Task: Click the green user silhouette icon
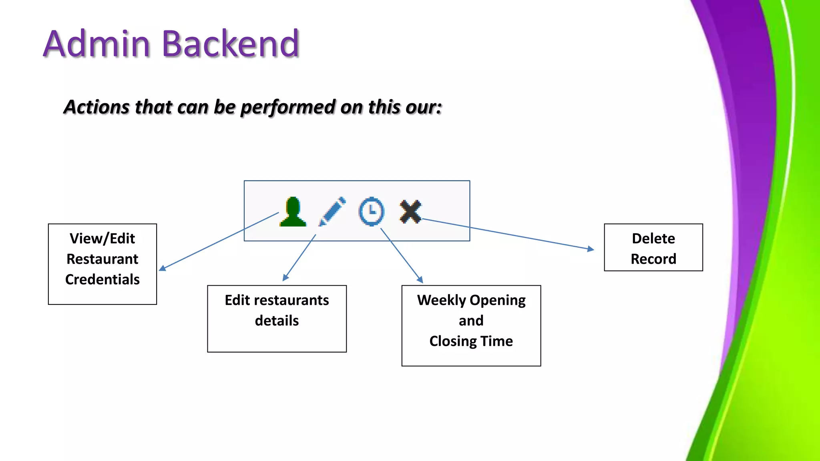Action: [293, 212]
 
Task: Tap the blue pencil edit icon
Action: [332, 211]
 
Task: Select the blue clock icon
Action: [372, 211]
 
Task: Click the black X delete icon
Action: [410, 211]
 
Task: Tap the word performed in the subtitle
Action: [288, 107]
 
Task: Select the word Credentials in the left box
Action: [102, 279]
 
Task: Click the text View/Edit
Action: [102, 239]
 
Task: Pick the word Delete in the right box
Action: [653, 239]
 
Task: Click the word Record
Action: [653, 259]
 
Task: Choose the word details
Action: [277, 321]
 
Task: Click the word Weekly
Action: [441, 300]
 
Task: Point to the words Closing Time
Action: [471, 341]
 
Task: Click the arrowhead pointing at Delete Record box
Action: [591, 249]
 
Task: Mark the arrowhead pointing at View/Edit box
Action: [162, 269]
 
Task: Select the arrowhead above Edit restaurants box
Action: [285, 278]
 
